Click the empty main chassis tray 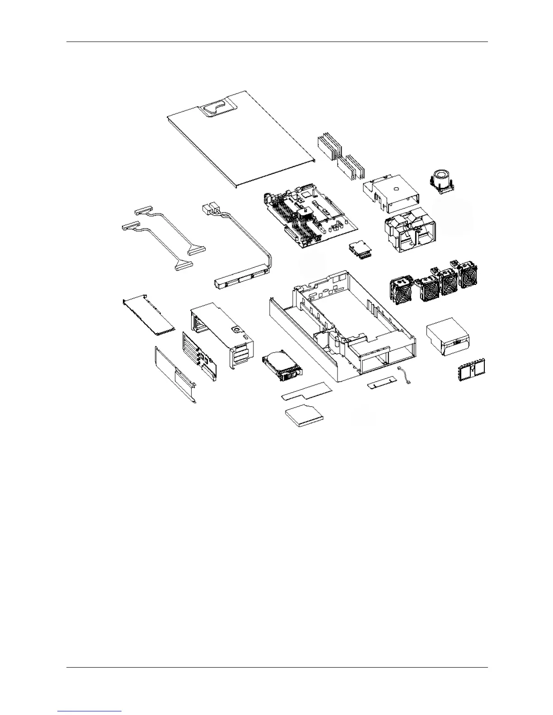(x=343, y=330)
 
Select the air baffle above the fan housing (x=391, y=192)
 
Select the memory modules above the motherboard (x=341, y=158)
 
